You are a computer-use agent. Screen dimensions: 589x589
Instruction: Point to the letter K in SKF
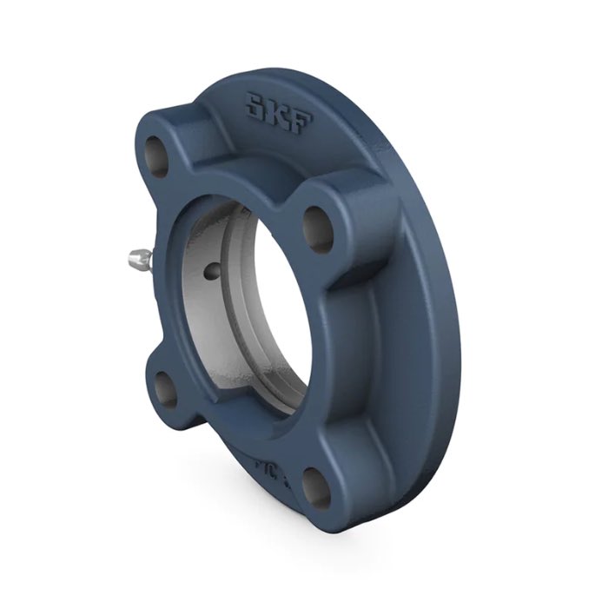coord(278,112)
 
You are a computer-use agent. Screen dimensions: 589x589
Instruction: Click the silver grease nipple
coord(139,256)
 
